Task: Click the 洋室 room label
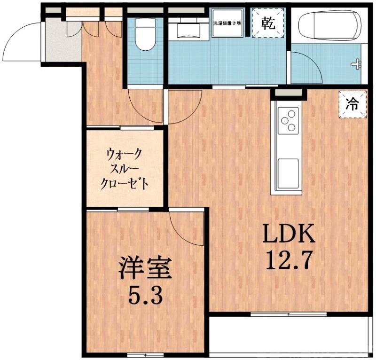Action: click(144, 268)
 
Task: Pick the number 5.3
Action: click(145, 295)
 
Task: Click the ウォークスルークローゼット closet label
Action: click(125, 168)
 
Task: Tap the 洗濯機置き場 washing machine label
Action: click(228, 23)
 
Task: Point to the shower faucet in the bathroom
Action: click(358, 63)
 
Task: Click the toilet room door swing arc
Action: click(143, 106)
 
